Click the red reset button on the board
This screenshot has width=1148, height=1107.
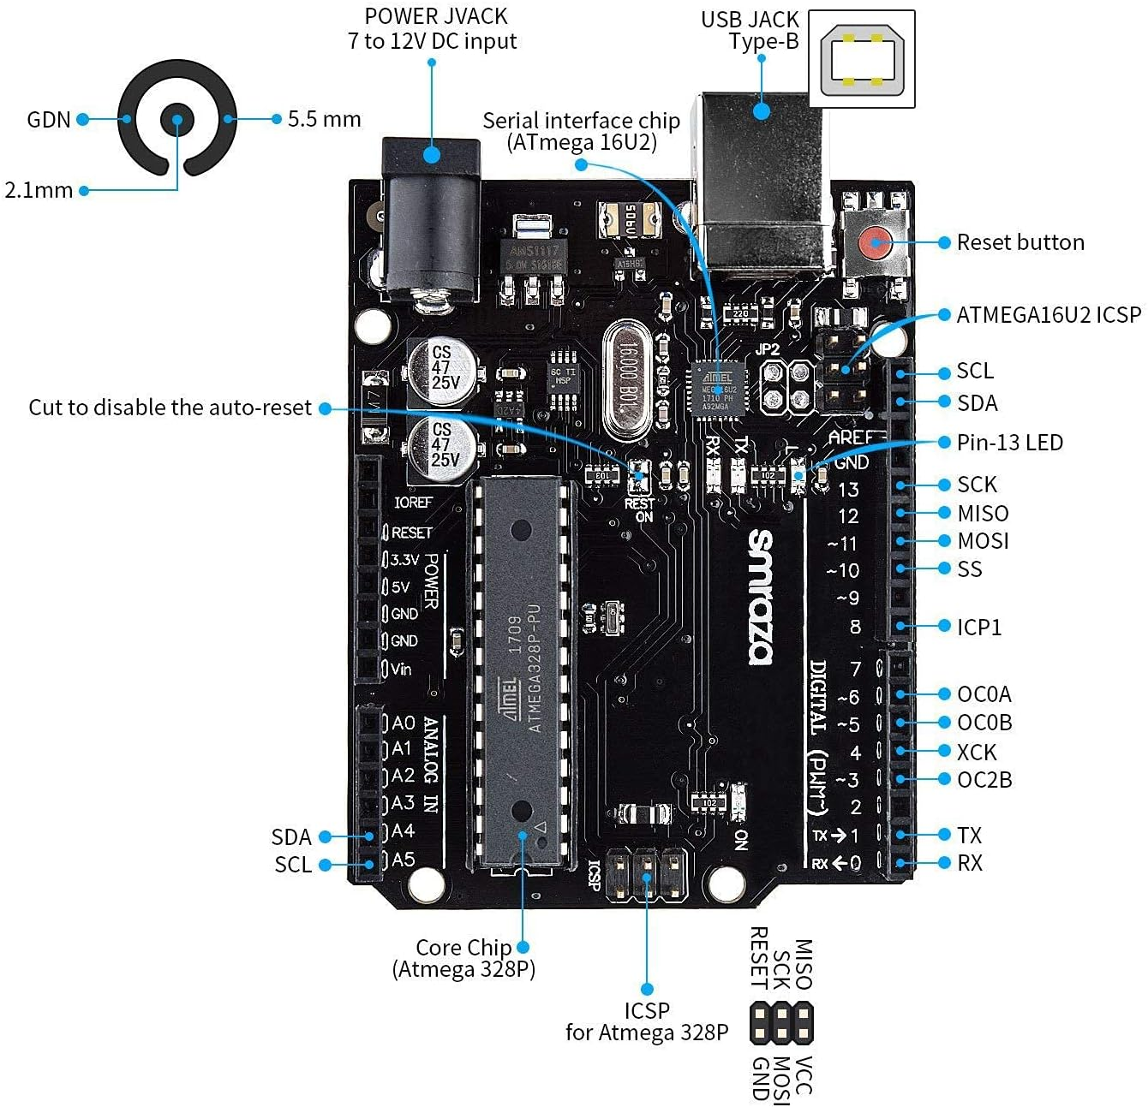[x=875, y=242]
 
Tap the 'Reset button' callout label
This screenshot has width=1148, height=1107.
[x=1019, y=242]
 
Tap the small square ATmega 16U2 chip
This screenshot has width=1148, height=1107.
[x=717, y=387]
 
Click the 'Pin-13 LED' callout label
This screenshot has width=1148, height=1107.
[x=1009, y=443]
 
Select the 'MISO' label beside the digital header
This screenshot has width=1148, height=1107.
[x=983, y=514]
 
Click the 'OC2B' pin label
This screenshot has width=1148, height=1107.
[x=984, y=780]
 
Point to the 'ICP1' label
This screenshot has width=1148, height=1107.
[x=978, y=628]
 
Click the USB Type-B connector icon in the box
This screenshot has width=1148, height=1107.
[x=861, y=59]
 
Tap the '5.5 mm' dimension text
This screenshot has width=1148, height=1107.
[x=324, y=119]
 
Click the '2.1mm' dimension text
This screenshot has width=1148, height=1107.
[x=39, y=190]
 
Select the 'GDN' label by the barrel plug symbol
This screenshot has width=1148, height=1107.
[x=48, y=120]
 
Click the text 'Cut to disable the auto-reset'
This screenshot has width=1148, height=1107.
[x=170, y=408]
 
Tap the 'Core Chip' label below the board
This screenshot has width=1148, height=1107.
[x=463, y=948]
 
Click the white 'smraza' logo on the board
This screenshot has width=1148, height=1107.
[x=760, y=597]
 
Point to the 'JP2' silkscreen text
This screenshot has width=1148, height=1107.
[x=768, y=349]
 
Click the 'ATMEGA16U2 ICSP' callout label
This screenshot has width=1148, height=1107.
[x=1048, y=315]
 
